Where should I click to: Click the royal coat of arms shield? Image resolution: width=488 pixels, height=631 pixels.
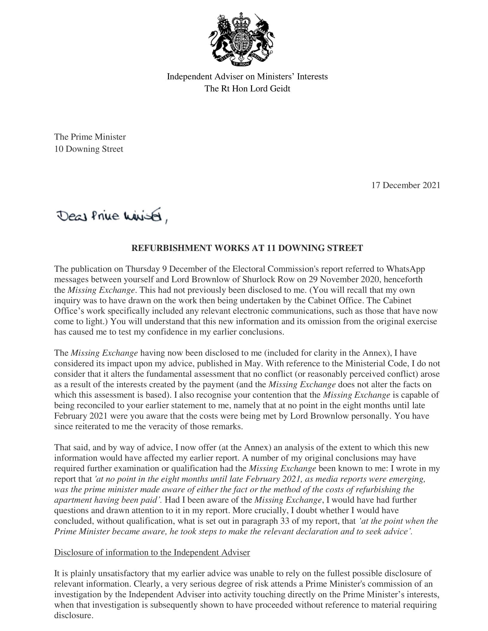pyautogui.click(x=241, y=41)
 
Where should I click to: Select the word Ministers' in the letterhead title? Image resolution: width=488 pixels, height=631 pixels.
pyautogui.click(x=275, y=77)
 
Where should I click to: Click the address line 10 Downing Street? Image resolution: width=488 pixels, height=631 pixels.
pyautogui.click(x=89, y=149)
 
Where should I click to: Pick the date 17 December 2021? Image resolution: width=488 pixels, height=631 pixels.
pyautogui.click(x=406, y=185)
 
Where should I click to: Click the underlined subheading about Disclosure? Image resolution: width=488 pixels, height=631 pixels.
pyautogui.click(x=152, y=552)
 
